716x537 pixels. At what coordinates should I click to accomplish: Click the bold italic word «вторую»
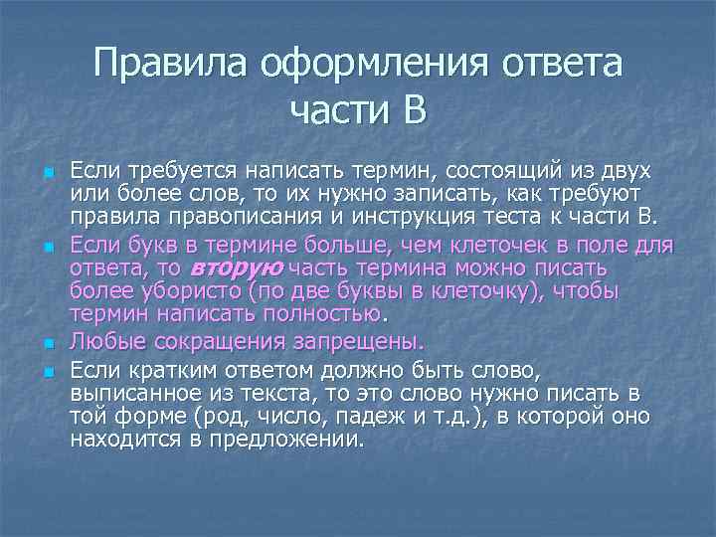[237, 268]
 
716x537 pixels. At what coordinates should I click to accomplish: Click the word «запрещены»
[351, 342]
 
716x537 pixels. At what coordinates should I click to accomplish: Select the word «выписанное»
[133, 394]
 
